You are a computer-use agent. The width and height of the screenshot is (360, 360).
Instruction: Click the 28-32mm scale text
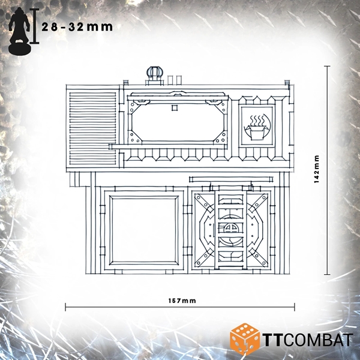pos(77,27)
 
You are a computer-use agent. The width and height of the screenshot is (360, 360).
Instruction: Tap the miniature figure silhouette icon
pos(19,31)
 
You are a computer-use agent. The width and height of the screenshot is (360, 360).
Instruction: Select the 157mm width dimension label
pos(182,301)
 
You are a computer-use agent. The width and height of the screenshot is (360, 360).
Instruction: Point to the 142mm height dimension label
pos(317,169)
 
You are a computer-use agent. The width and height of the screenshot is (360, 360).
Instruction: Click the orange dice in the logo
pos(244,337)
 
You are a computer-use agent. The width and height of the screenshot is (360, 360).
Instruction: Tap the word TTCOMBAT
pos(307,340)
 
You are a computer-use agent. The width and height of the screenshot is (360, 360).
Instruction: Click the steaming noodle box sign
pos(257,125)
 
